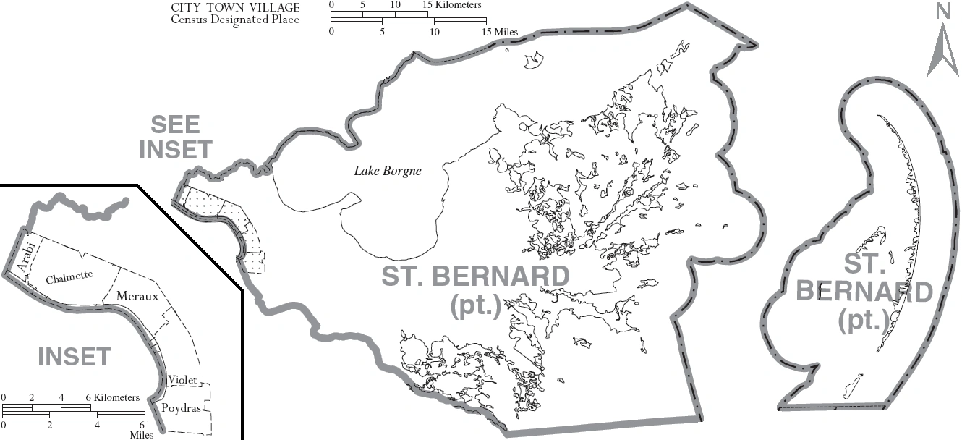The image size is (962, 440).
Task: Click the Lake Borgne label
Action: [387, 172]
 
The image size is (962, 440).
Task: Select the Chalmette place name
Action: [69, 279]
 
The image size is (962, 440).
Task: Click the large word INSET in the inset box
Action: [74, 357]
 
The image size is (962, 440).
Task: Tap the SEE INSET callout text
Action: [176, 137]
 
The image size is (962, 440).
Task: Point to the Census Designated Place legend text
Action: [235, 20]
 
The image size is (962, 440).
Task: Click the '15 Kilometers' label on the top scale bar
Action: [452, 5]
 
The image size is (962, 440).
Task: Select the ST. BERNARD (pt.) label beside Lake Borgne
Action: [475, 289]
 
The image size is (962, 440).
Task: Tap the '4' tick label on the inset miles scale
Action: [96, 425]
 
